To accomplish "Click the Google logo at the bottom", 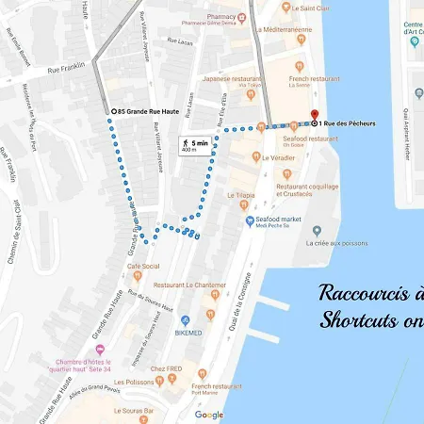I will coord(209,415).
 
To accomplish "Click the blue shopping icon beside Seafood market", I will coord(250,222).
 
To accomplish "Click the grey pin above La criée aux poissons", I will coord(318,230).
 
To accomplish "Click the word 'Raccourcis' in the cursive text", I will coord(364,292).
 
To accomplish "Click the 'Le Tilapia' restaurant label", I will coord(241,195).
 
